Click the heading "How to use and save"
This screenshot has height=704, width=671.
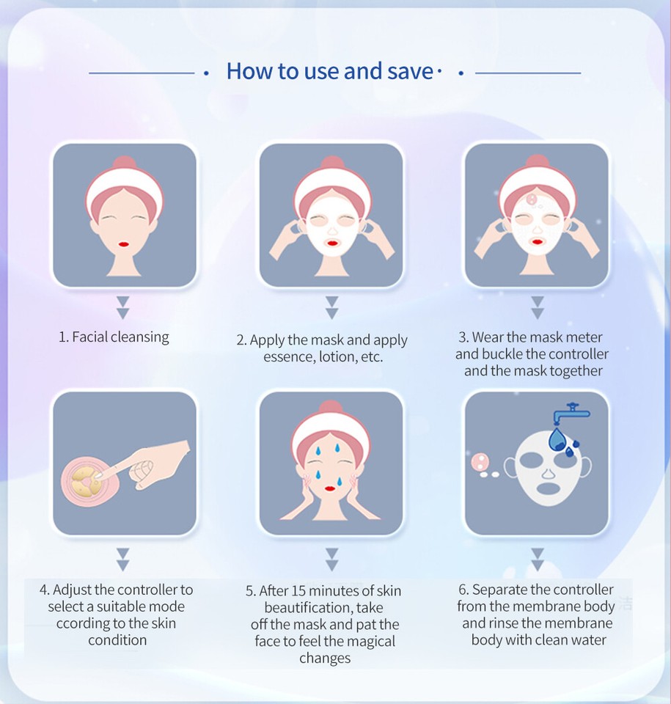pos(329,71)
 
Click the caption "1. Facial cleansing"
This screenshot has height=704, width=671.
pos(114,337)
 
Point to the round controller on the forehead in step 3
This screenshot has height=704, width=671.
pos(531,198)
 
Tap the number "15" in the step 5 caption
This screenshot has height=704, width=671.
pos(300,591)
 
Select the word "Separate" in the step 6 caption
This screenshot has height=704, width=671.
pos(499,590)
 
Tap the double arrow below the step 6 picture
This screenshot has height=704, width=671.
pos(537,559)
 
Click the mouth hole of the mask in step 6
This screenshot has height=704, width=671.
pos(546,487)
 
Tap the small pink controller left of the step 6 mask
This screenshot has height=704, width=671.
pos(480,461)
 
